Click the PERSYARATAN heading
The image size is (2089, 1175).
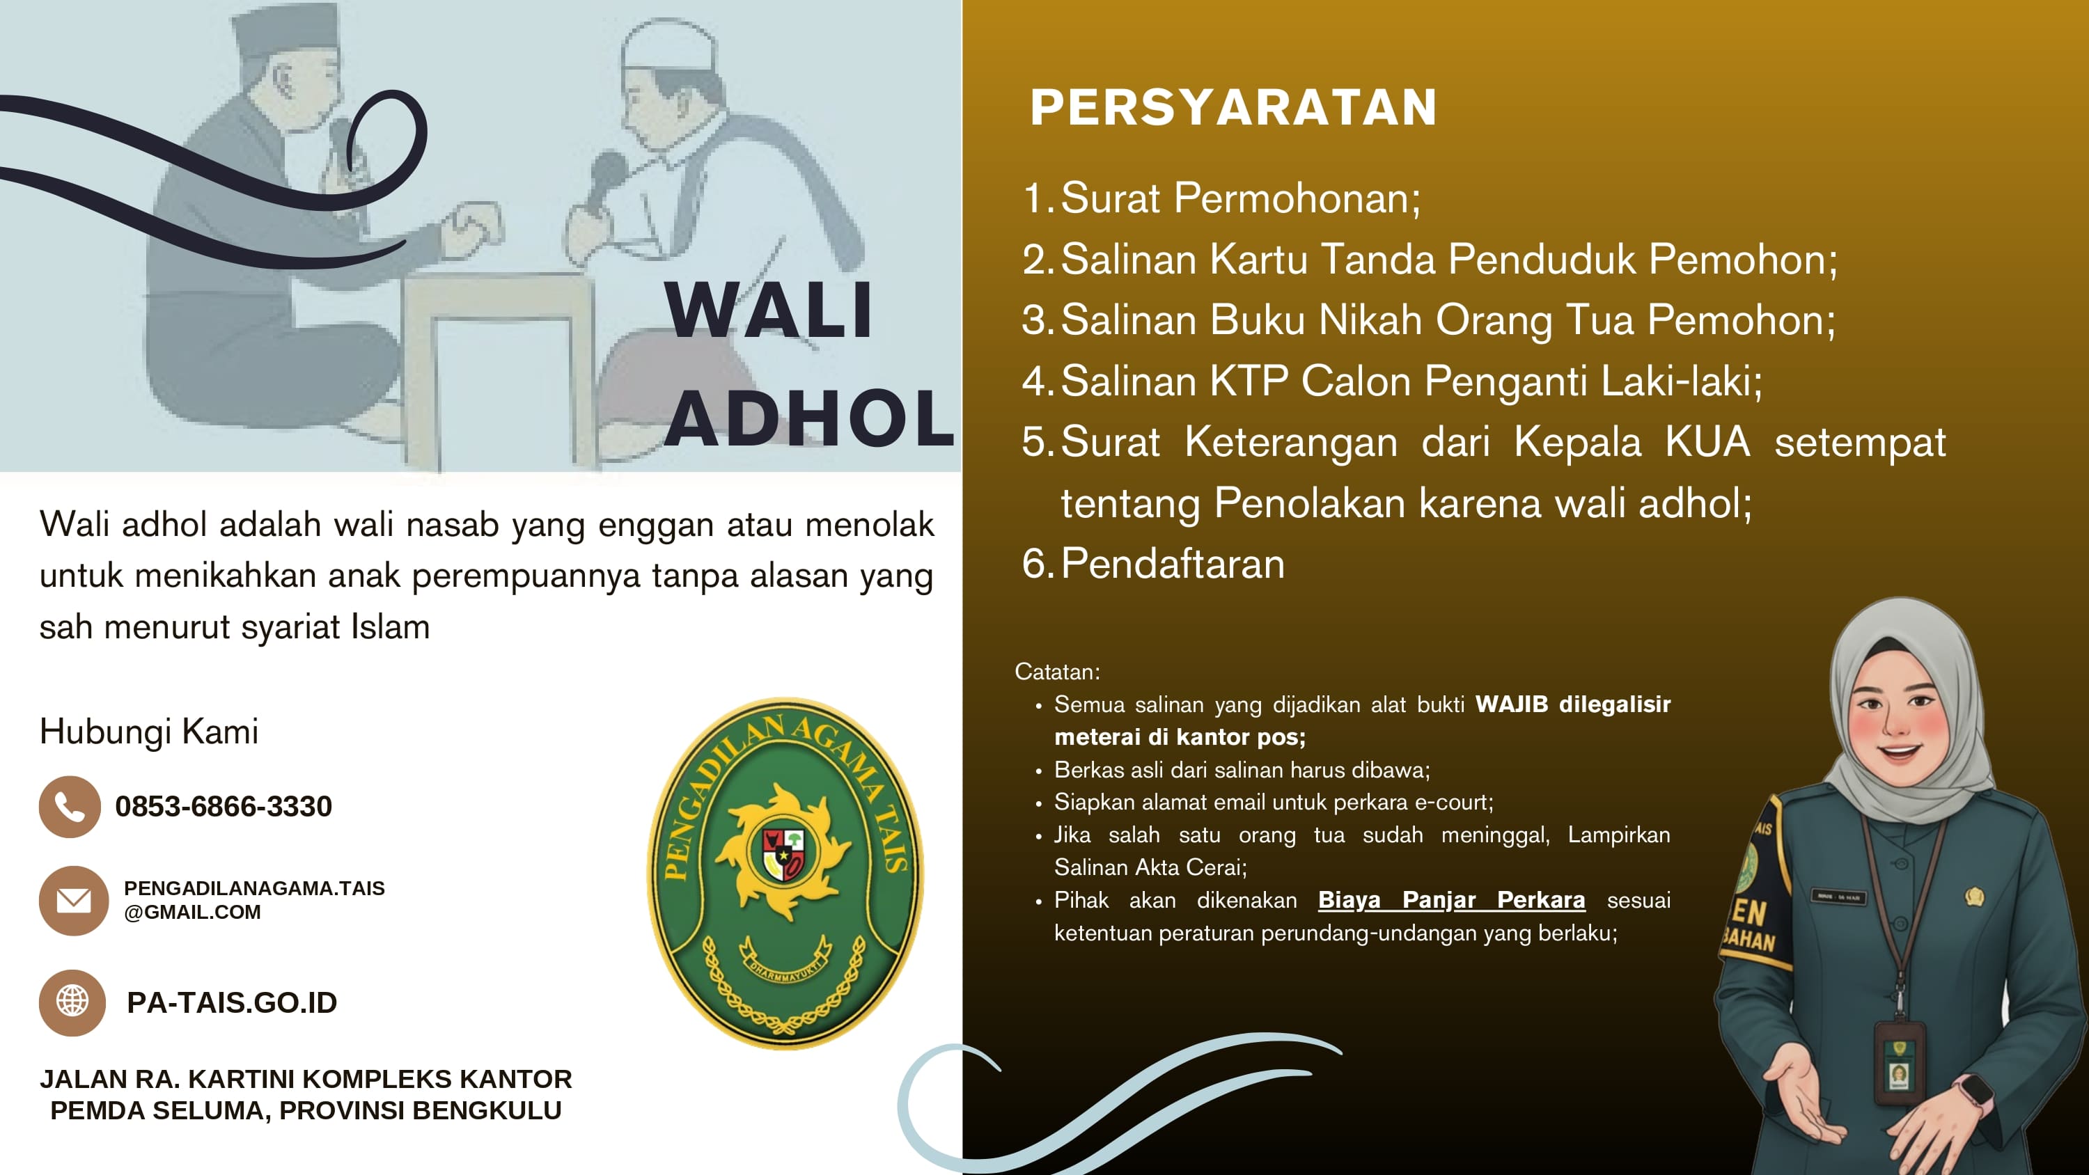[1233, 107]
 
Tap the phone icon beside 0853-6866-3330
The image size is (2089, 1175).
[70, 807]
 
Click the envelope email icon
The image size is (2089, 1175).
[73, 900]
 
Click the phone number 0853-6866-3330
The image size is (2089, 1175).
[224, 807]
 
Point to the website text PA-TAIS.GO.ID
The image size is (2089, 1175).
[232, 1003]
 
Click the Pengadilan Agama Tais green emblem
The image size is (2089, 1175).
[785, 872]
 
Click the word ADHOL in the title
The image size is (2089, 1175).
[809, 418]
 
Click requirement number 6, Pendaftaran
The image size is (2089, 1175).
[1172, 564]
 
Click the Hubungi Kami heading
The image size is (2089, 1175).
[149, 732]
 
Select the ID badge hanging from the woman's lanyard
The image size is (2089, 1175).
[1898, 1066]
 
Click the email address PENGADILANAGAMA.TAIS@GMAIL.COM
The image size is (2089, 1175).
[254, 900]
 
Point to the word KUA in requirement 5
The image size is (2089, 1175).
[1707, 443]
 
